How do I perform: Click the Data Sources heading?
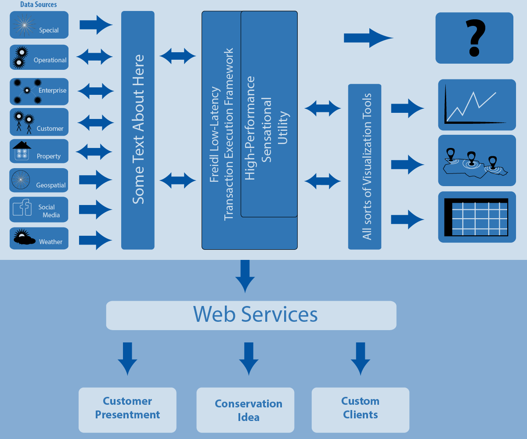[x=39, y=5]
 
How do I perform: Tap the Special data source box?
[x=39, y=25]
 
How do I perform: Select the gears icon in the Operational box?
[x=19, y=58]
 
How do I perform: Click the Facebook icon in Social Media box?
[x=22, y=208]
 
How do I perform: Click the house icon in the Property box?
[x=22, y=150]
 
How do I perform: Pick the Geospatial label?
[x=51, y=186]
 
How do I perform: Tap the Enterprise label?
[x=52, y=90]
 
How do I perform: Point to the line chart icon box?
[x=477, y=104]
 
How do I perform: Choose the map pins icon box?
[x=477, y=160]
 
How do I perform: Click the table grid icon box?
[x=477, y=217]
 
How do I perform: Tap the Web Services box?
[x=251, y=315]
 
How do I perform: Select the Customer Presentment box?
[x=127, y=410]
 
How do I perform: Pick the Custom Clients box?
[x=361, y=410]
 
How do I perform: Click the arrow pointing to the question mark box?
[x=368, y=38]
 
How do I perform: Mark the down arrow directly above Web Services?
[x=245, y=276]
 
